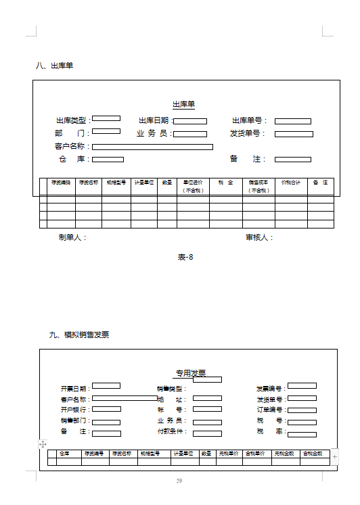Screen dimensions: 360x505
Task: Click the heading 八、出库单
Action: coord(54,66)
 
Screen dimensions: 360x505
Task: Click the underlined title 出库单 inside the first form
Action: coord(183,104)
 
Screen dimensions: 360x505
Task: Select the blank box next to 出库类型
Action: coord(106,120)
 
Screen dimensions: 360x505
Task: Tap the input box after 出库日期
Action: coord(190,122)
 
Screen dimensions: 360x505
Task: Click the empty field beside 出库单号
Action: coord(292,122)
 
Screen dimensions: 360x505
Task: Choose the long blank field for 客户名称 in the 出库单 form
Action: coord(152,147)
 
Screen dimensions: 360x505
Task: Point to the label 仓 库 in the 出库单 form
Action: coord(72,160)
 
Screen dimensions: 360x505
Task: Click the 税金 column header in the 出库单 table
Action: coord(225,183)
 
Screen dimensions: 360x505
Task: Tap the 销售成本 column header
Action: coord(258,186)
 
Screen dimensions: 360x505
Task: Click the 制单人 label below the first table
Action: coord(72,238)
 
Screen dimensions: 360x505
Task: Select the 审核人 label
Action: coord(258,238)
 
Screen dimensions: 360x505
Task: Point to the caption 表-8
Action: coord(185,257)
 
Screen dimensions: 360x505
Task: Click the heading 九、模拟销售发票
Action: coord(79,335)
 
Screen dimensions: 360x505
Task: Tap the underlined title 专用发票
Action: coord(191,372)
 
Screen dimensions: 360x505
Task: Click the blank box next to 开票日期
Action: coord(106,386)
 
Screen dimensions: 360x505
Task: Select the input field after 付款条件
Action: coord(207,433)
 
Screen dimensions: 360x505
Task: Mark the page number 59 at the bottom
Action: coord(179,481)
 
